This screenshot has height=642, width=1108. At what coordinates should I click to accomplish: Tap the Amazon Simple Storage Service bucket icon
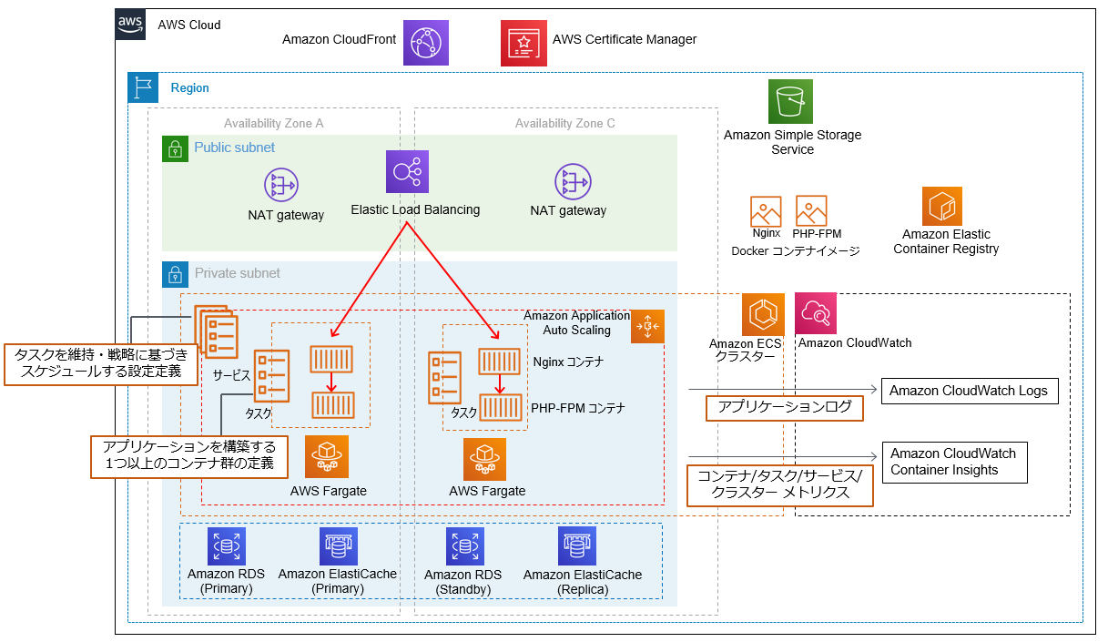(790, 101)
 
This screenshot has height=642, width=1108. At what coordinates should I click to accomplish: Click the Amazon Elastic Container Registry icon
(941, 206)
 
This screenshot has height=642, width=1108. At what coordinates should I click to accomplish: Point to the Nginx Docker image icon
(766, 211)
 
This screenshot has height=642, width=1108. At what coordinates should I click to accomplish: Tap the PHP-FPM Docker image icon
(810, 210)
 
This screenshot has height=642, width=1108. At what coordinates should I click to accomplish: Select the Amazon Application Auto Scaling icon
(647, 326)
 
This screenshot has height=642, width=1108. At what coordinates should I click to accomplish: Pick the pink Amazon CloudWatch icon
(815, 313)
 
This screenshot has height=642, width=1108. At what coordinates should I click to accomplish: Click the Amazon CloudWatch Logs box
(969, 391)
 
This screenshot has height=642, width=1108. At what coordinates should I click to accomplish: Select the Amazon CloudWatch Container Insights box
(953, 462)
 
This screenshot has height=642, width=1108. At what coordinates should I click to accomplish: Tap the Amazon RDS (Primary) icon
(225, 545)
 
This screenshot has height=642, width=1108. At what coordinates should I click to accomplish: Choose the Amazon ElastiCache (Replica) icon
(576, 545)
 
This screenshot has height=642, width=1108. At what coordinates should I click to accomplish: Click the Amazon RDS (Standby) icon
(464, 545)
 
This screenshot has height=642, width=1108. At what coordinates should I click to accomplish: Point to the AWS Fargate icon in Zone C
(483, 459)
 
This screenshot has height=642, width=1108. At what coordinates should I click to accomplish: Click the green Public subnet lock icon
(175, 148)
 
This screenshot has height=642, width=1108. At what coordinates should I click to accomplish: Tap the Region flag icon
(143, 88)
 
